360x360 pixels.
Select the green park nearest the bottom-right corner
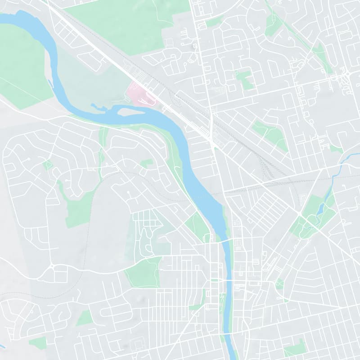click(294, 347)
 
